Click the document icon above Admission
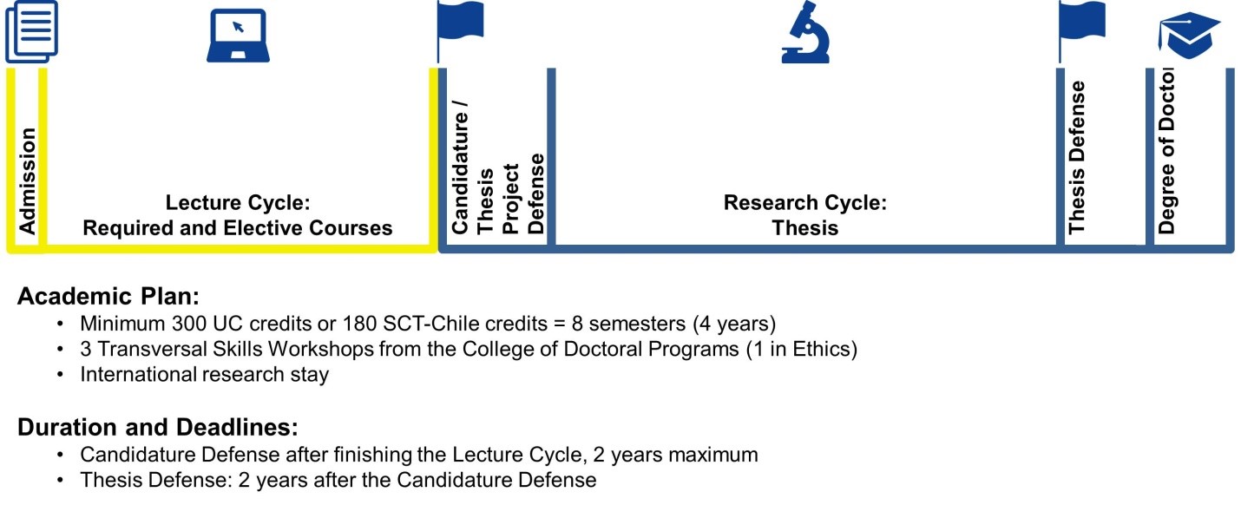(31, 31)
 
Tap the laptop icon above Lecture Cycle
(239, 36)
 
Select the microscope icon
(805, 32)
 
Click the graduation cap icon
(1190, 36)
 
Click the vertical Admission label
(27, 181)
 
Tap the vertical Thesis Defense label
(1076, 157)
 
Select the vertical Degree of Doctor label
(1166, 151)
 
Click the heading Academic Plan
(108, 296)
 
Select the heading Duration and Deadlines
(158, 427)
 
